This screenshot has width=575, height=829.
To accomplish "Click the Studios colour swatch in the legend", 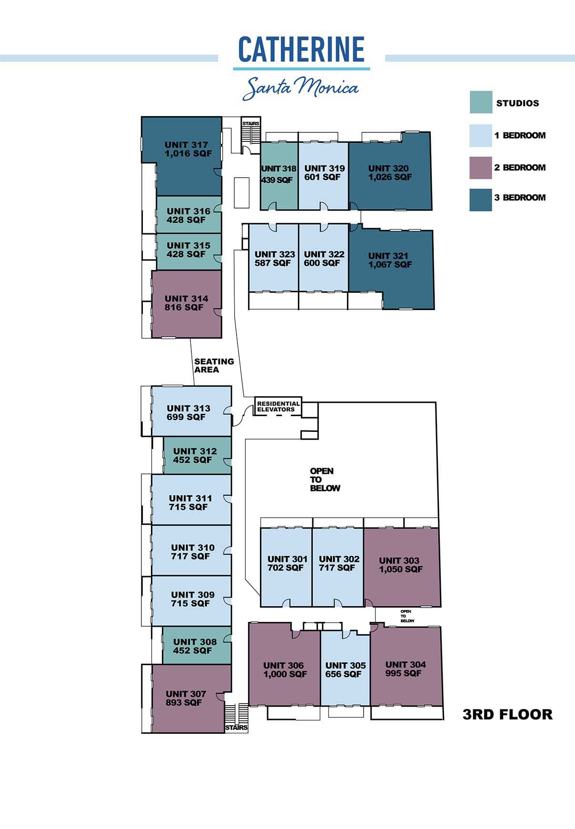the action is pos(481,102).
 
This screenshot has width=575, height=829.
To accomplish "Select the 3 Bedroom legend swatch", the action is pos(481,200).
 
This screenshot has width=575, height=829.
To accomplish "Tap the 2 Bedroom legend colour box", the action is pos(481,168).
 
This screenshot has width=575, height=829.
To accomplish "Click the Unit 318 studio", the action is pos(279,176).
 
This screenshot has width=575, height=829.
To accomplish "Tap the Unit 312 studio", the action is pos(197,455).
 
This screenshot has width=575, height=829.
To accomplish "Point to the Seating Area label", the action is pos(214,365).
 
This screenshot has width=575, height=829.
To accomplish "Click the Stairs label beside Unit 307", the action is pos(236,728).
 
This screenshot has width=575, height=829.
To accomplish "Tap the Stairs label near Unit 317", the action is pos(250,124).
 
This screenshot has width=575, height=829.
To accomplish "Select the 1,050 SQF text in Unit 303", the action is pos(401,569).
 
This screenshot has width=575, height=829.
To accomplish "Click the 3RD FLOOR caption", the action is pos(507,714).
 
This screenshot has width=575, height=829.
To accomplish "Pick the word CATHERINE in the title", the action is pos(301,50).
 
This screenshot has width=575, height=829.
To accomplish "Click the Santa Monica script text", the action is pos(300,88).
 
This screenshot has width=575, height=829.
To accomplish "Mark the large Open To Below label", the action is pos(325,479).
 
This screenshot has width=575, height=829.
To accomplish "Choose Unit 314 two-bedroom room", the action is pos(186,304).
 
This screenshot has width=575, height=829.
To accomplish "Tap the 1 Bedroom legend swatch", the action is pos(481,136).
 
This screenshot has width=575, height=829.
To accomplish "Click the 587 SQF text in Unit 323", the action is pos(272,263).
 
